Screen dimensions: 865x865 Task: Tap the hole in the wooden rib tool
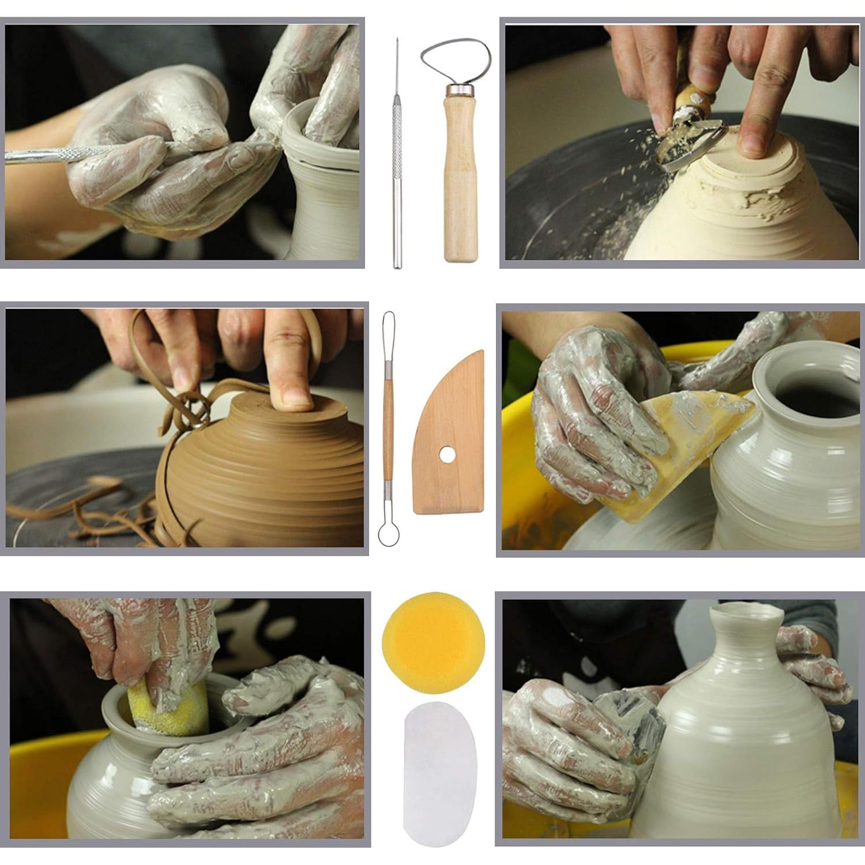pyautogui.click(x=446, y=456)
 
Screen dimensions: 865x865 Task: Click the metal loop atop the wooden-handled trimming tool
pyautogui.click(x=456, y=61)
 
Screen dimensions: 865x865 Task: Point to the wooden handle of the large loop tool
pyautogui.click(x=460, y=179)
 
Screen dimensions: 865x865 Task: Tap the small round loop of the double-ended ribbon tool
pyautogui.click(x=388, y=533)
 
